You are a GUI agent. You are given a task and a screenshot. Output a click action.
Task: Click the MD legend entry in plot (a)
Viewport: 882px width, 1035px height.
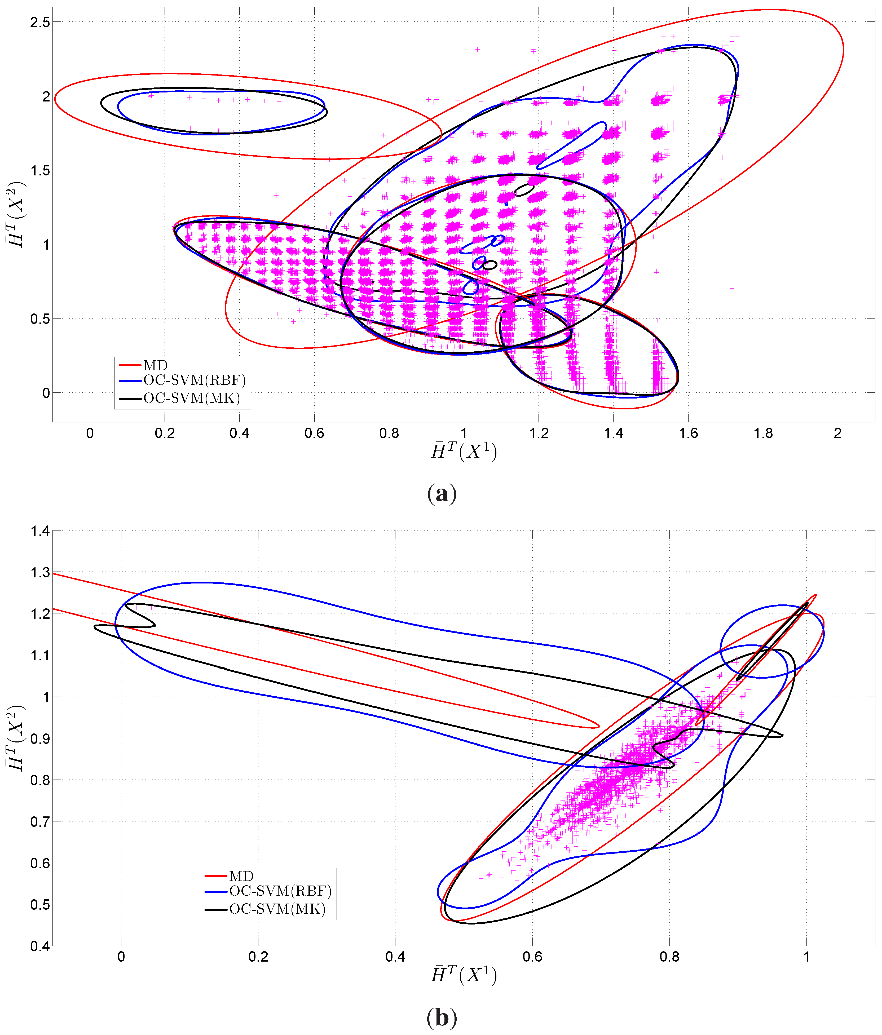coord(155,366)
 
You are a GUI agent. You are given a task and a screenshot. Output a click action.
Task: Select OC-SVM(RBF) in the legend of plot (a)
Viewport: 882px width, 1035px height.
coord(194,381)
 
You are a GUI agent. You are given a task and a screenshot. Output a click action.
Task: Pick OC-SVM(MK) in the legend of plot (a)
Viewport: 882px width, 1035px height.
coord(191,398)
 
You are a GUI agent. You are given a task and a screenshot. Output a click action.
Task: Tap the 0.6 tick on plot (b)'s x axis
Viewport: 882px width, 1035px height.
coord(532,957)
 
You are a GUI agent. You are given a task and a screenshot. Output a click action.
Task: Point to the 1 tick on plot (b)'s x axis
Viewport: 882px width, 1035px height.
coord(806,957)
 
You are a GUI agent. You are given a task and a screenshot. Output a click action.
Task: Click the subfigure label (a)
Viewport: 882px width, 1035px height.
coord(442,494)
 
